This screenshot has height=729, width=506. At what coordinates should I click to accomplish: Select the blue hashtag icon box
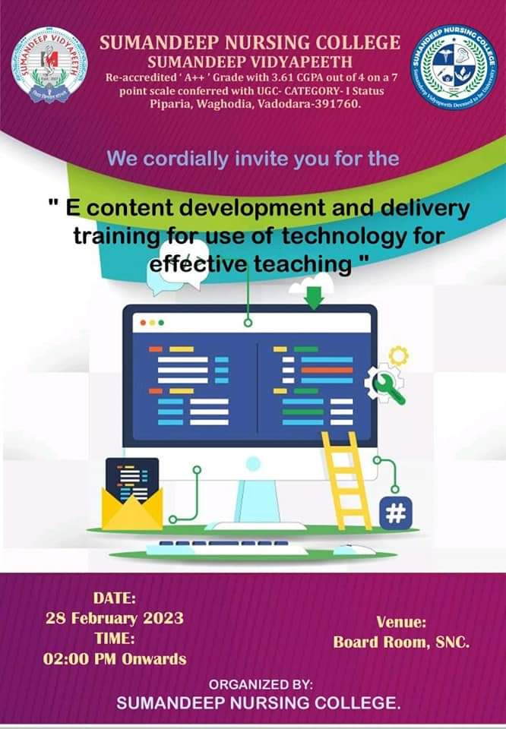(x=396, y=513)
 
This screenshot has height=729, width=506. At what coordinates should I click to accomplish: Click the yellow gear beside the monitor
(x=398, y=355)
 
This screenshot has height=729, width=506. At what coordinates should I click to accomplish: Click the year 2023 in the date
(x=165, y=617)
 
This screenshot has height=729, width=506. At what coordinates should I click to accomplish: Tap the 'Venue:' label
(x=401, y=621)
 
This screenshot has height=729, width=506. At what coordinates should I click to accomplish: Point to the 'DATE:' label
(x=114, y=597)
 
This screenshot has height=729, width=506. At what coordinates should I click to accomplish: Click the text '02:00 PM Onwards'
(x=115, y=658)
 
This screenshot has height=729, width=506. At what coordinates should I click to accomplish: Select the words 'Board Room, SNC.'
(x=401, y=642)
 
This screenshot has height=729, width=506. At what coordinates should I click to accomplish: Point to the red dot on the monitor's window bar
(x=143, y=323)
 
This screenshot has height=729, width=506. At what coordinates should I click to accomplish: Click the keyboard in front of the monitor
(x=228, y=545)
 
